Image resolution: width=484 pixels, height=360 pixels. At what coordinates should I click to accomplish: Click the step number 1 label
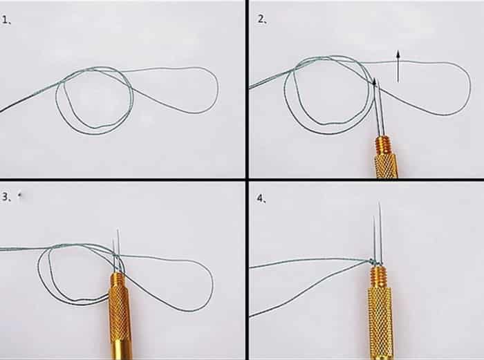tap(6, 20)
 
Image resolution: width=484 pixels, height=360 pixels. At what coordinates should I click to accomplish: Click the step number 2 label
tap(262, 20)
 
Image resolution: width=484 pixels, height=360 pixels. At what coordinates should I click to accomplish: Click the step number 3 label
tap(6, 197)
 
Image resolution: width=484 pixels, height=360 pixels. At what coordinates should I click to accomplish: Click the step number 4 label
tap(261, 199)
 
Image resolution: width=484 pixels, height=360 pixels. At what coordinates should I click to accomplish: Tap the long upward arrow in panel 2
tap(398, 66)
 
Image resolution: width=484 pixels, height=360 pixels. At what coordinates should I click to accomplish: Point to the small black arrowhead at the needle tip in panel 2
tap(375, 82)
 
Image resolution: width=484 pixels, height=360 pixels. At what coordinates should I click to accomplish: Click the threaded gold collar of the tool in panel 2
tap(383, 146)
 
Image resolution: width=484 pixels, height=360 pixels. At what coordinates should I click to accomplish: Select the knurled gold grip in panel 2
tap(386, 166)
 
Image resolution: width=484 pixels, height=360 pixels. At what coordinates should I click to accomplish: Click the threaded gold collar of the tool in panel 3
tap(118, 281)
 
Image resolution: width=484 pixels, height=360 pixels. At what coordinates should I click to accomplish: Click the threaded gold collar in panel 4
tap(378, 277)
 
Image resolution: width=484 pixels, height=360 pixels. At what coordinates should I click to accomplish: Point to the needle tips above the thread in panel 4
tap(378, 231)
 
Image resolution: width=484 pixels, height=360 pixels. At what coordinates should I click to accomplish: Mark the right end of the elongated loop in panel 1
tap(217, 89)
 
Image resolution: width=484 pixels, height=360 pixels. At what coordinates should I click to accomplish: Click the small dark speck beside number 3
tap(20, 195)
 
